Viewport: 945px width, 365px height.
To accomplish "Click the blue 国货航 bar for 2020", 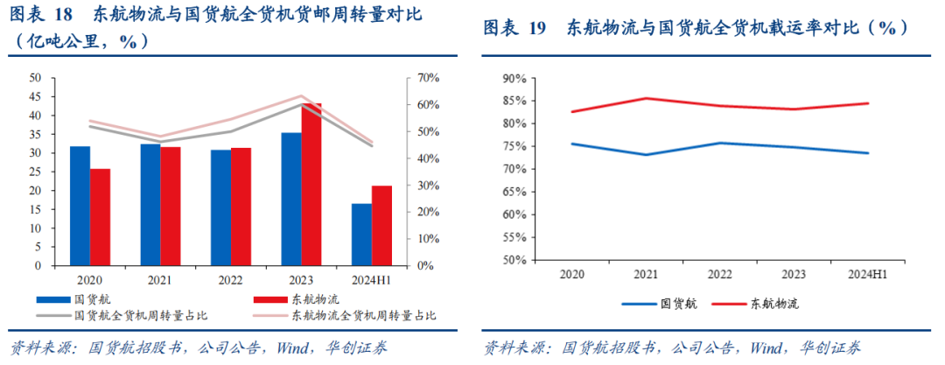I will pyautogui.click(x=80, y=206).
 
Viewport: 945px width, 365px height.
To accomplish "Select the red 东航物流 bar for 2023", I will pyautogui.click(x=311, y=184).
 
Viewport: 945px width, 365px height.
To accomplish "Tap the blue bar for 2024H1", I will pyautogui.click(x=360, y=234).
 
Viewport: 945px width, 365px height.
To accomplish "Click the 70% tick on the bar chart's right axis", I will pyautogui.click(x=427, y=78).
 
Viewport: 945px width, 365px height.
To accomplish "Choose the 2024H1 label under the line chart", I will pyautogui.click(x=867, y=274).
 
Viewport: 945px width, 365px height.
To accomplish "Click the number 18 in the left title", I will pyautogui.click(x=63, y=14).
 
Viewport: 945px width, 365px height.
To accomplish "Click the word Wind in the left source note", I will pyautogui.click(x=292, y=347).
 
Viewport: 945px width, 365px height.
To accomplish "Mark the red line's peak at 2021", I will pyautogui.click(x=645, y=98).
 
